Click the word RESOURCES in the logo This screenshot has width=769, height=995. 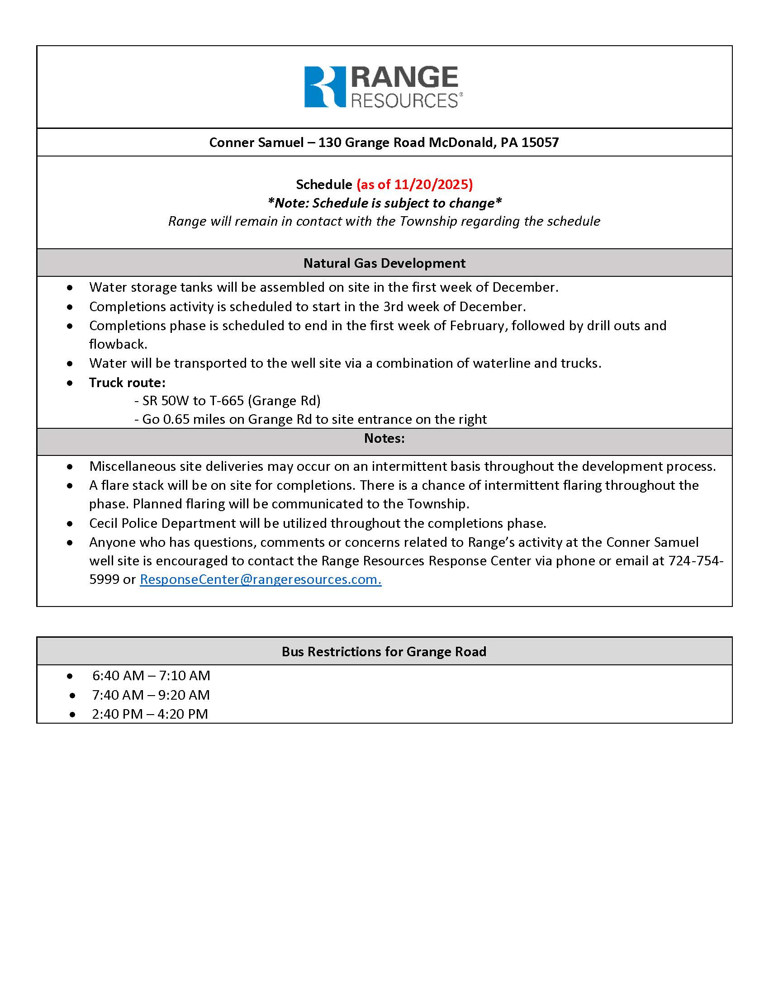pos(404,101)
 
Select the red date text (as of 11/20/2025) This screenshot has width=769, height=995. pos(414,184)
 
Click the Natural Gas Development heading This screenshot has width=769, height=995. pos(384,263)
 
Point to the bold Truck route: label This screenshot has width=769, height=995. pos(127,382)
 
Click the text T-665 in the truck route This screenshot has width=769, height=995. pos(227,400)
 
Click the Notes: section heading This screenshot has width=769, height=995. pos(384,438)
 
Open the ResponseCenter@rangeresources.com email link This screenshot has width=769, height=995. pos(260,579)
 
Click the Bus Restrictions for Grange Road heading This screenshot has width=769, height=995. pos(384,651)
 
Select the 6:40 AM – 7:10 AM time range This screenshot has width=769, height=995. pos(151,676)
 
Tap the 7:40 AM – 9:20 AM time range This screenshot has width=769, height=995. pos(151,695)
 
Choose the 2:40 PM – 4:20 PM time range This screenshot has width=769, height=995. pos(150,714)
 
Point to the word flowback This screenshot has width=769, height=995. pos(118,344)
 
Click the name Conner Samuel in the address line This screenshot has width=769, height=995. pos(256,142)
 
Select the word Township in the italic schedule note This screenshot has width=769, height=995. pos(428,221)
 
